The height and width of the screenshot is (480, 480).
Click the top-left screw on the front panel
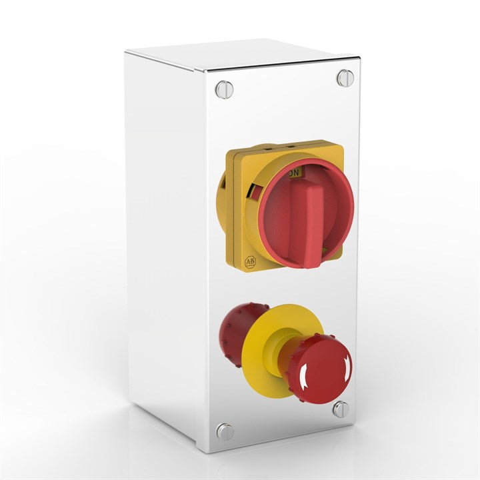pyautogui.click(x=225, y=89)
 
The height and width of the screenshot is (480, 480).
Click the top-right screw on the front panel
pyautogui.click(x=344, y=78)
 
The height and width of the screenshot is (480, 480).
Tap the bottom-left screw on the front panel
pyautogui.click(x=225, y=431)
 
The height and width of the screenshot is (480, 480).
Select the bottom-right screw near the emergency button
pyautogui.click(x=341, y=409)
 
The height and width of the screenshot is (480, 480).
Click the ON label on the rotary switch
pyautogui.click(x=295, y=172)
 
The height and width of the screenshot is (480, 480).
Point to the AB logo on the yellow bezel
pyautogui.click(x=251, y=262)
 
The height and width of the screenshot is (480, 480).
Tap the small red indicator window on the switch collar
pyautogui.click(x=254, y=194)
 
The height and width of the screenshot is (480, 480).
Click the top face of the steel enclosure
pyautogui.click(x=240, y=53)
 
